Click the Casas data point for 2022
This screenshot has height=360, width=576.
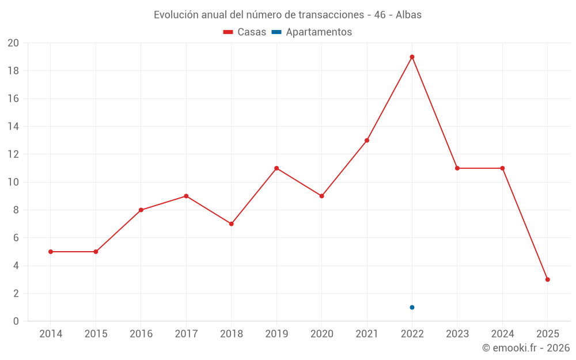click(412, 57)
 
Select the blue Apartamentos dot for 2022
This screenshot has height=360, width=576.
click(412, 307)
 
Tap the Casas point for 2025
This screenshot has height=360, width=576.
click(547, 279)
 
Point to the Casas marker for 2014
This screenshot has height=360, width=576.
click(51, 252)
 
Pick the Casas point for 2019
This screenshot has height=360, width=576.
click(276, 168)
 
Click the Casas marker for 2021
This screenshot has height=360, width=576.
click(367, 141)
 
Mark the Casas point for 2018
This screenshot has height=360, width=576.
click(231, 223)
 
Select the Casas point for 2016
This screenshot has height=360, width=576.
click(141, 210)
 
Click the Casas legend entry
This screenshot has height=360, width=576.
click(245, 32)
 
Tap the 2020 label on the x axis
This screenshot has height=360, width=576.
click(321, 334)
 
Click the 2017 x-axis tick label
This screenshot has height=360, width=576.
click(186, 334)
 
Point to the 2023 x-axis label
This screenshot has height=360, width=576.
click(457, 334)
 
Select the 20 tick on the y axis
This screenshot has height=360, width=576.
click(13, 43)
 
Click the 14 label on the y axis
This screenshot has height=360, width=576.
click(13, 127)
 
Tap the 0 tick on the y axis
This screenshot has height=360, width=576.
click(16, 321)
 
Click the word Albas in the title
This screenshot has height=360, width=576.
click(408, 15)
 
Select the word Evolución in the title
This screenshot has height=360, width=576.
click(174, 15)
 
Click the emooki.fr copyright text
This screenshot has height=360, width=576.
click(525, 348)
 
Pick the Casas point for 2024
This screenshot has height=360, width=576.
click(502, 168)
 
